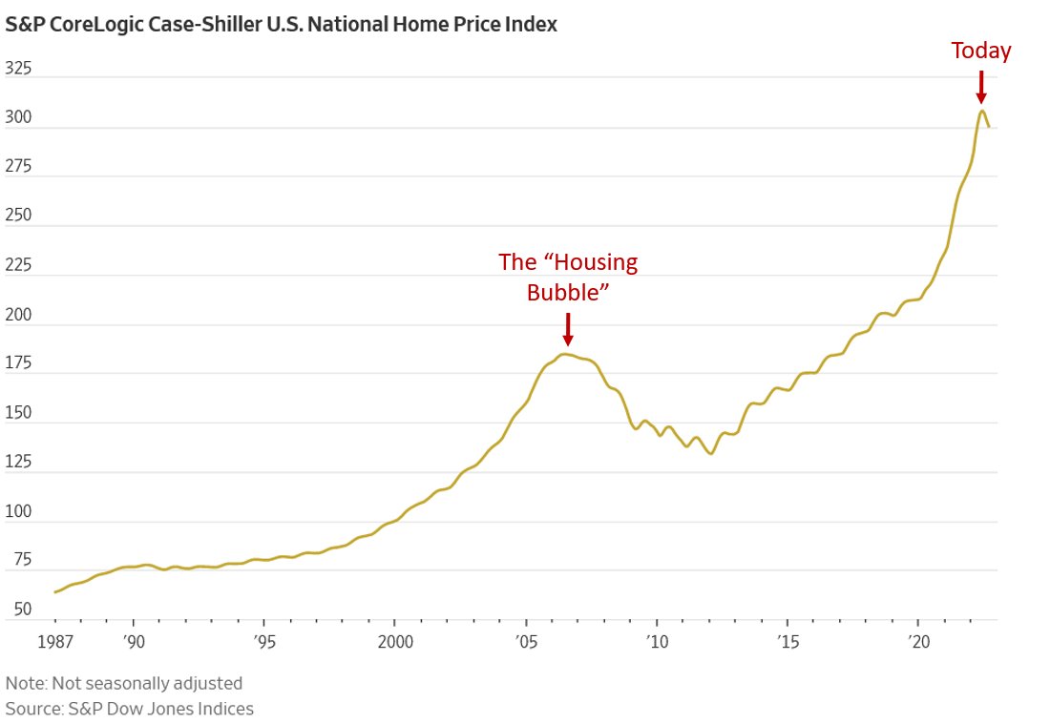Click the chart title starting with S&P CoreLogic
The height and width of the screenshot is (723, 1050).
pyautogui.click(x=281, y=25)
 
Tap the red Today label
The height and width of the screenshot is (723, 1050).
pyautogui.click(x=980, y=52)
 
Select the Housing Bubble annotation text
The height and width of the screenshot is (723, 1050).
pyautogui.click(x=568, y=277)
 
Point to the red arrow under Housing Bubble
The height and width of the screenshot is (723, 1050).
pyautogui.click(x=568, y=329)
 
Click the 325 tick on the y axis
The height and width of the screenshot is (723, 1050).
pyautogui.click(x=19, y=69)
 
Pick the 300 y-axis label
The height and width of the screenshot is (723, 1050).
pyautogui.click(x=19, y=118)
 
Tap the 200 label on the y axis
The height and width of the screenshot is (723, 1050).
pyautogui.click(x=19, y=316)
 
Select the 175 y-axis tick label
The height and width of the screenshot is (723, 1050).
pyautogui.click(x=19, y=364)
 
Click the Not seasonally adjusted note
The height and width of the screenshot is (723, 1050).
pyautogui.click(x=124, y=683)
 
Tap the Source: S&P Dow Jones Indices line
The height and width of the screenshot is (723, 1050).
pyautogui.click(x=130, y=709)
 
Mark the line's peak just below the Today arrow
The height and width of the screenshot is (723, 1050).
pyautogui.click(x=981, y=111)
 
